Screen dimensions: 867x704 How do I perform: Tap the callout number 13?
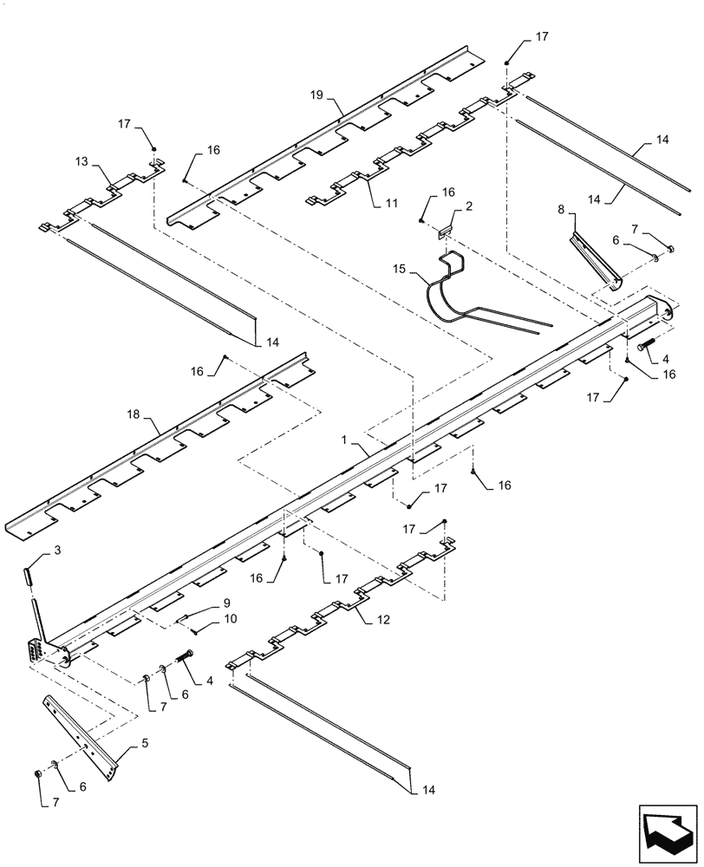tap(81, 160)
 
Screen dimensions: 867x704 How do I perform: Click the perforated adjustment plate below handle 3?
tap(36, 651)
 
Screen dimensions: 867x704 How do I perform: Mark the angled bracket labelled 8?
tap(596, 257)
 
